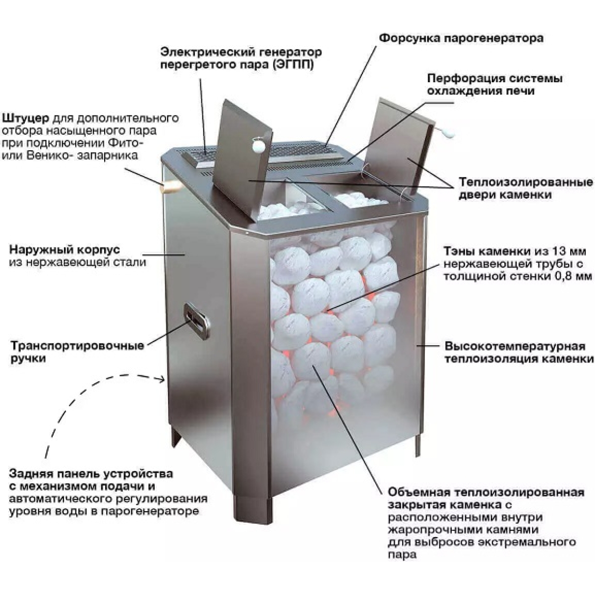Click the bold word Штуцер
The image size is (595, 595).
click(x=25, y=119)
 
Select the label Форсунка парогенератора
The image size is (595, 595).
click(x=461, y=39)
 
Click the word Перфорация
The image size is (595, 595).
click(x=464, y=78)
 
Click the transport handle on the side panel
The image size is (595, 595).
click(x=196, y=321)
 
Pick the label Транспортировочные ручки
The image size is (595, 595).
click(x=78, y=352)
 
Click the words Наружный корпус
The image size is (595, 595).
click(x=64, y=249)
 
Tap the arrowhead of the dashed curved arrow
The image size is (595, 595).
click(x=162, y=379)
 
